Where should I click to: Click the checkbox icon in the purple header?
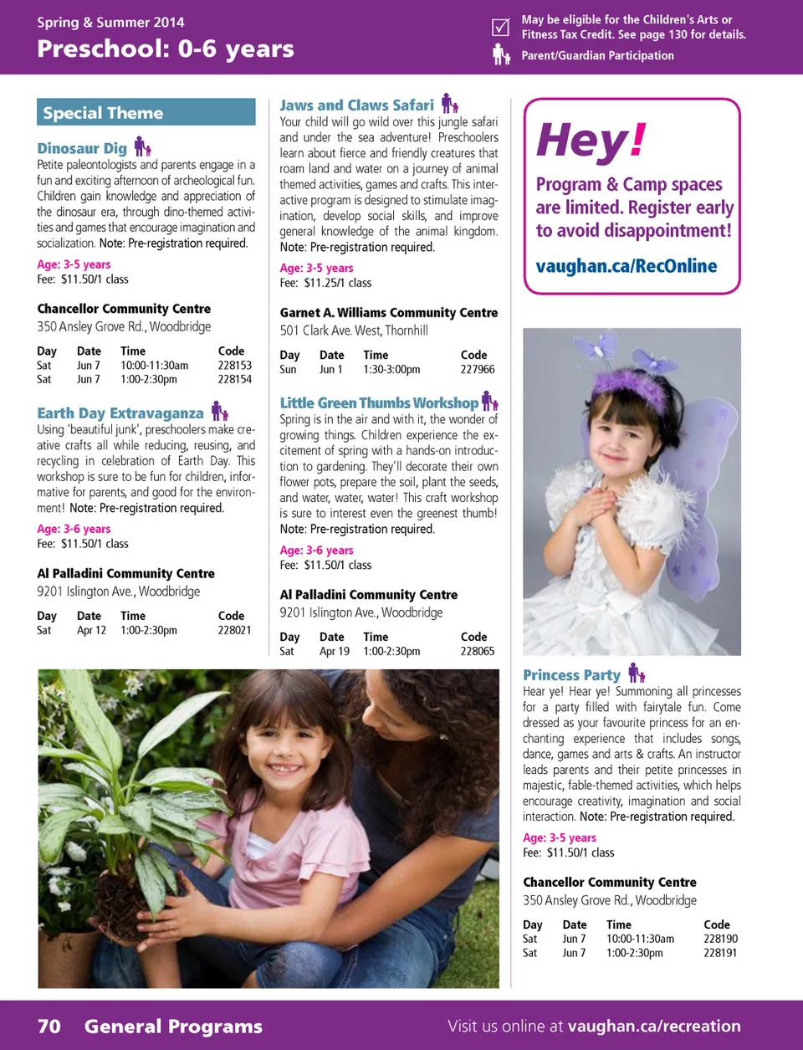[500, 27]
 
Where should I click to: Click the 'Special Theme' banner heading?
[103, 113]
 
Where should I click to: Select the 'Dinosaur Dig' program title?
[82, 148]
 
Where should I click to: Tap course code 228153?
[234, 366]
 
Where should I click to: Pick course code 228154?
[234, 380]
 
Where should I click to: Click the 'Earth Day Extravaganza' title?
[120, 413]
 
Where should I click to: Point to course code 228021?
[234, 630]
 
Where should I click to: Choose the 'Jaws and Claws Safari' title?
[356, 105]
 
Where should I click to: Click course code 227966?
[477, 369]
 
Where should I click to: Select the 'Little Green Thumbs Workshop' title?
[379, 403]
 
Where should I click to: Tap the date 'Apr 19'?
[335, 651]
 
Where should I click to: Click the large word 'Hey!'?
[591, 141]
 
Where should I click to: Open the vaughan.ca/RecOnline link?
[627, 266]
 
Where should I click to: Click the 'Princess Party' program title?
[571, 675]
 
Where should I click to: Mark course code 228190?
[720, 939]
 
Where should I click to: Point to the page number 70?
[49, 1027]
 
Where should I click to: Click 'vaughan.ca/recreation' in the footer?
[654, 1027]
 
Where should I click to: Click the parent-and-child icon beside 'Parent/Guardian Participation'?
[500, 55]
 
